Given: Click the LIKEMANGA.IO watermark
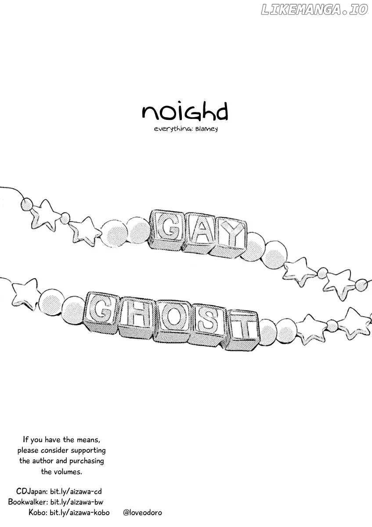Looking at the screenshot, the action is coord(314,9).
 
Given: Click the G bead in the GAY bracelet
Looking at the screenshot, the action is coord(167,228).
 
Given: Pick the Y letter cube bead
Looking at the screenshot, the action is coord(229,238).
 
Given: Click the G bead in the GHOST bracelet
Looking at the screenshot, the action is coord(101,311).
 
